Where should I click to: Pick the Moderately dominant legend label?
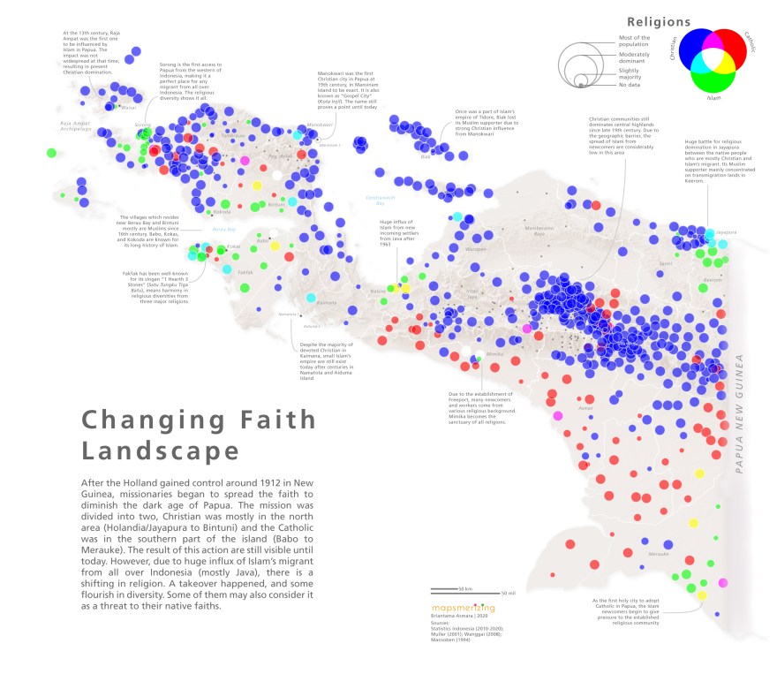coord(629,57)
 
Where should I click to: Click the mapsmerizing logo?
coord(463,608)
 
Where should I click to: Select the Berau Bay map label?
coord(213,228)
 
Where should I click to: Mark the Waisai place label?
coord(129,109)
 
